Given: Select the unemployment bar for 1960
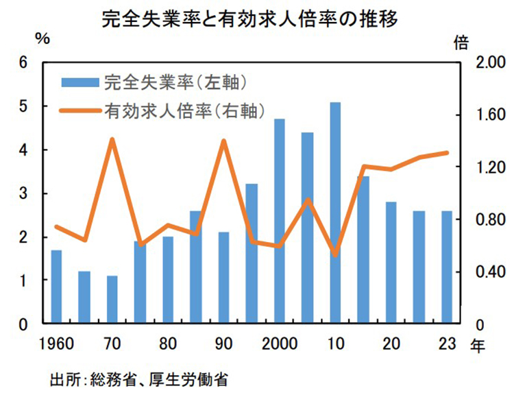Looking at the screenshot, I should coord(56,287).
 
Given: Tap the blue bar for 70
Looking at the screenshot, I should coord(112,300).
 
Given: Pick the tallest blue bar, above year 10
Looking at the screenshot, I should coord(335,213).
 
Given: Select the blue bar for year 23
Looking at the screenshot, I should coord(447,267).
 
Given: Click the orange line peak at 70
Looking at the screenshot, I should coord(112,140).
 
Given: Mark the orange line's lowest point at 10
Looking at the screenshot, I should coord(335,254).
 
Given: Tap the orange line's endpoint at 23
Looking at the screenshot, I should coord(447,152).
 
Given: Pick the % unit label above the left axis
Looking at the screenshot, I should coord(42,38).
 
